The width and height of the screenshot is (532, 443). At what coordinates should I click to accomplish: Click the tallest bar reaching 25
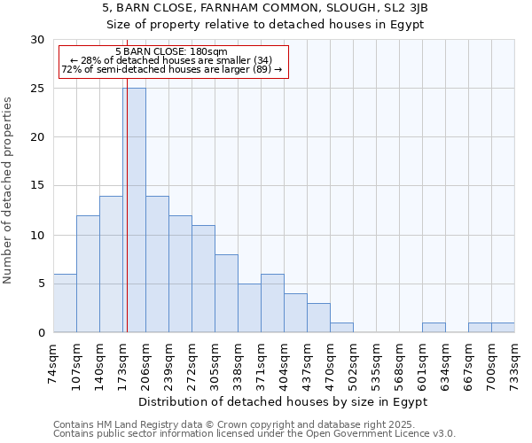(x=134, y=210)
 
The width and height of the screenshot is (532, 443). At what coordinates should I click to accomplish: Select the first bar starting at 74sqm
(x=65, y=303)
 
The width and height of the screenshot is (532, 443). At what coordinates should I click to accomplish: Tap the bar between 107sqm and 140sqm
(x=88, y=274)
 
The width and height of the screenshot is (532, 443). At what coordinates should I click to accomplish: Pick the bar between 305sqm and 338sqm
(x=226, y=293)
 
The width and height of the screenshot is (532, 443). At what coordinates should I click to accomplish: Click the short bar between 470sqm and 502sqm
(x=341, y=328)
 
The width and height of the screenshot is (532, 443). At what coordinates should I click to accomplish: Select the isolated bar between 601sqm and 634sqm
(x=434, y=328)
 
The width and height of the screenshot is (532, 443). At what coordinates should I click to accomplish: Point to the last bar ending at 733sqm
(x=503, y=328)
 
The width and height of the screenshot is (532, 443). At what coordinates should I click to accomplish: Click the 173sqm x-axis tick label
(x=123, y=362)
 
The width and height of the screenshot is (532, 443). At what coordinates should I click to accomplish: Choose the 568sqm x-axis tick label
(x=400, y=362)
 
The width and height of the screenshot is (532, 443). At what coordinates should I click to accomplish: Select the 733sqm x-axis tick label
(x=515, y=362)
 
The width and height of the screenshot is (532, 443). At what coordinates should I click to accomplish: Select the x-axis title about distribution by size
(x=284, y=401)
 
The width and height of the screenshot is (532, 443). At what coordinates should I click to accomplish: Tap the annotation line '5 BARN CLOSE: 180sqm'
(x=171, y=51)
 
